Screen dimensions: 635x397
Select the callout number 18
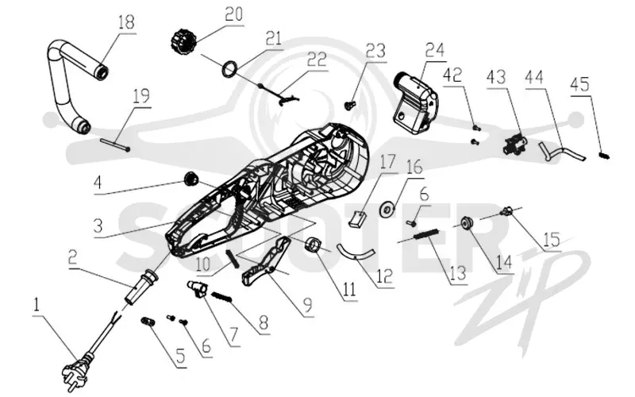tap(126, 21)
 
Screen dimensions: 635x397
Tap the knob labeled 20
tap(183, 40)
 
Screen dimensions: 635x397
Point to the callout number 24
tap(435, 50)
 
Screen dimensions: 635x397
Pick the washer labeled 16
tap(387, 209)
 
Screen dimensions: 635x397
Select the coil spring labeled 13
tap(426, 234)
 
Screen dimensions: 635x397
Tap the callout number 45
tap(580, 84)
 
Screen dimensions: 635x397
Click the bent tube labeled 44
tap(562, 152)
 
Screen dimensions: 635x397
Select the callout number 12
tap(385, 276)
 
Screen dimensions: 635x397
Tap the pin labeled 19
tap(115, 145)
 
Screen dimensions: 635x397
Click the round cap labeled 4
tap(190, 179)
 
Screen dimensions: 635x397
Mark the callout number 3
tap(98, 225)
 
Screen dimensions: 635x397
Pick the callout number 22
tap(317, 59)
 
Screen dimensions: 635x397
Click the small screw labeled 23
tap(349, 106)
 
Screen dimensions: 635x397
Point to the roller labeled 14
tap(469, 223)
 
